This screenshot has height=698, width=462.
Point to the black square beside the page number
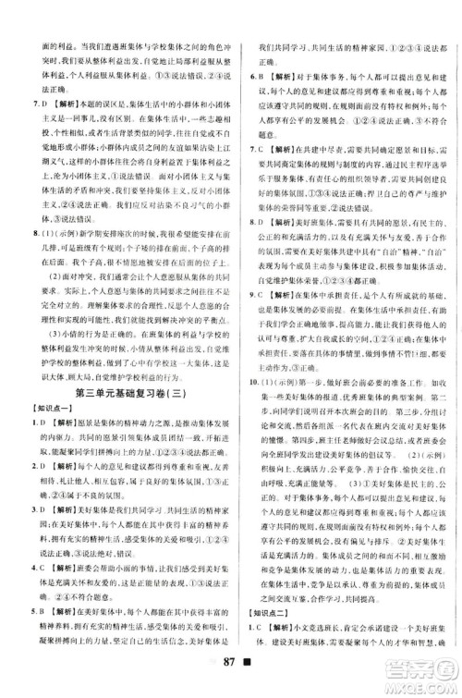click(252, 680)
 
